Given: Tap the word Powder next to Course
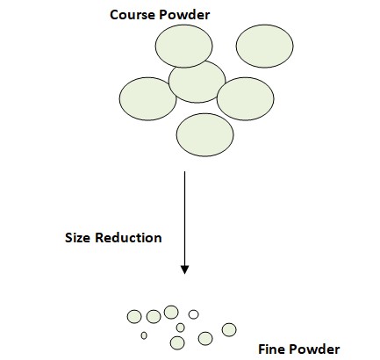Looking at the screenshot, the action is click(184, 15).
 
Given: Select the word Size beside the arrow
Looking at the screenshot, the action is click(78, 237).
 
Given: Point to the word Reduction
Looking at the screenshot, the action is click(129, 237).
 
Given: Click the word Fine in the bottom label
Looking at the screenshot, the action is click(270, 349).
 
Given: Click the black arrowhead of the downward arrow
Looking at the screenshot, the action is click(184, 270).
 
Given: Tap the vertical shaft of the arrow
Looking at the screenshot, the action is click(184, 219).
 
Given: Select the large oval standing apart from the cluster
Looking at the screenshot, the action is click(264, 46).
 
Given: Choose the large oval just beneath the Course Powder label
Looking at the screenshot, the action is click(183, 46).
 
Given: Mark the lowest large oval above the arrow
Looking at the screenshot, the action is click(204, 134).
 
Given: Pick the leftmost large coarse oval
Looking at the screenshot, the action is click(147, 98).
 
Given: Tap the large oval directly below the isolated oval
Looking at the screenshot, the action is click(245, 98).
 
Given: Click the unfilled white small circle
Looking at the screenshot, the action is click(193, 314).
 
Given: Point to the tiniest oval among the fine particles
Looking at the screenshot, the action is click(144, 335).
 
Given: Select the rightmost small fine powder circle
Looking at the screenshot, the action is click(229, 330).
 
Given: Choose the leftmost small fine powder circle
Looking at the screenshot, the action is click(134, 316).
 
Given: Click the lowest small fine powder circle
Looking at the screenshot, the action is click(177, 342).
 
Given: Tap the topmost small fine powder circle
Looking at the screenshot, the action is click(171, 312).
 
